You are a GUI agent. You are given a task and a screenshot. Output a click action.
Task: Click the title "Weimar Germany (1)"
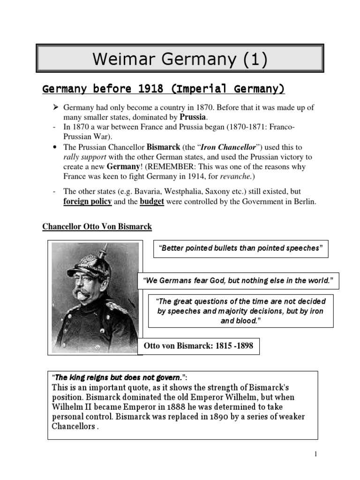(180, 60)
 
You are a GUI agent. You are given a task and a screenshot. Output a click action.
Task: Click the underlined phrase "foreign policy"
(87, 202)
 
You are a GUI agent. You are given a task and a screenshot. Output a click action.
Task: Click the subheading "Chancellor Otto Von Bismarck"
(97, 227)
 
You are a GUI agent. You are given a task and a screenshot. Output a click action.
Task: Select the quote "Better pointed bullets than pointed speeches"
(241, 248)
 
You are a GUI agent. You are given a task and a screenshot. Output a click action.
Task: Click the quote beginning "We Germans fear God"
(238, 281)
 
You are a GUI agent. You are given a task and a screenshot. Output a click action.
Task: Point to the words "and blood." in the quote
(240, 321)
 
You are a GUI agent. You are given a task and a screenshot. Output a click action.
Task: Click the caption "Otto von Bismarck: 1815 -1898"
(198, 347)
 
